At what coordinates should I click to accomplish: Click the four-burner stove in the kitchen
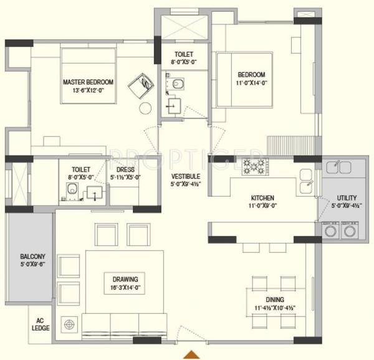[x=254, y=166]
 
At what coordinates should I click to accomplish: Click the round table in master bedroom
[x=145, y=108]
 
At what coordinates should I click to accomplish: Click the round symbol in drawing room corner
[x=69, y=324]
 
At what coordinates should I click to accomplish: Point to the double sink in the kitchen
[x=305, y=180]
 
